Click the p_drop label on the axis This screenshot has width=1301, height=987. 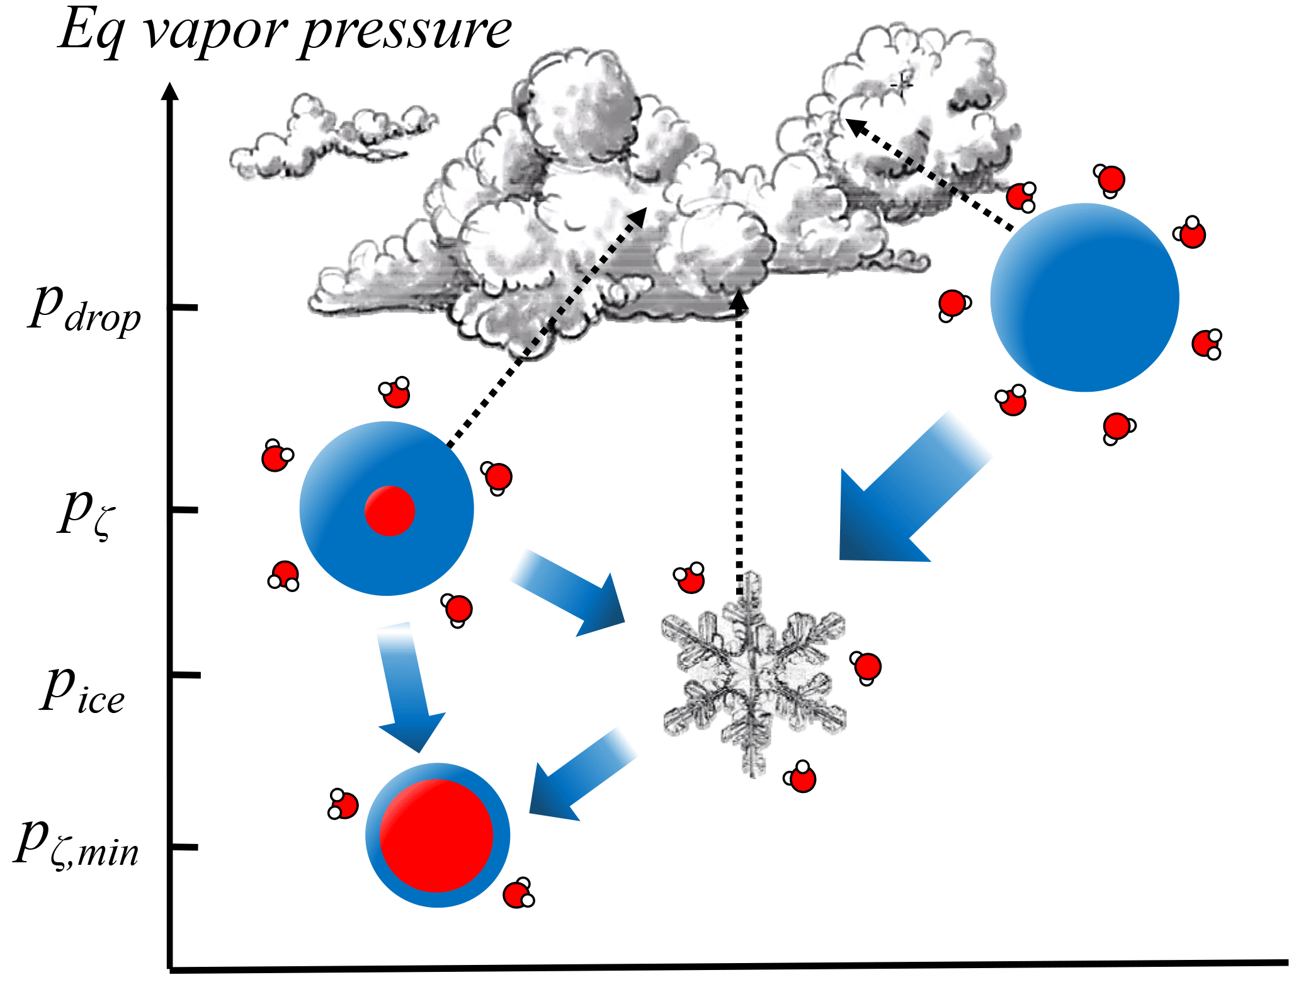pyautogui.click(x=85, y=309)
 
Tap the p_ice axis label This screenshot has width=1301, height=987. pyautogui.click(x=82, y=692)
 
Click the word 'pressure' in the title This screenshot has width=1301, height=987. pyautogui.click(x=406, y=31)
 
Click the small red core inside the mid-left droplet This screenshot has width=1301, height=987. pyautogui.click(x=390, y=511)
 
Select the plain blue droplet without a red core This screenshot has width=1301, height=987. pyautogui.click(x=1084, y=297)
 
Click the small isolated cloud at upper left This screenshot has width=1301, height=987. pyautogui.click(x=327, y=135)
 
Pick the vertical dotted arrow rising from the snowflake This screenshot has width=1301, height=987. pyautogui.click(x=739, y=441)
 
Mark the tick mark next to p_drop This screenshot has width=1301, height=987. pyautogui.click(x=183, y=307)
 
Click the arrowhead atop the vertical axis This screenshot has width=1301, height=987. pyautogui.click(x=169, y=91)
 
